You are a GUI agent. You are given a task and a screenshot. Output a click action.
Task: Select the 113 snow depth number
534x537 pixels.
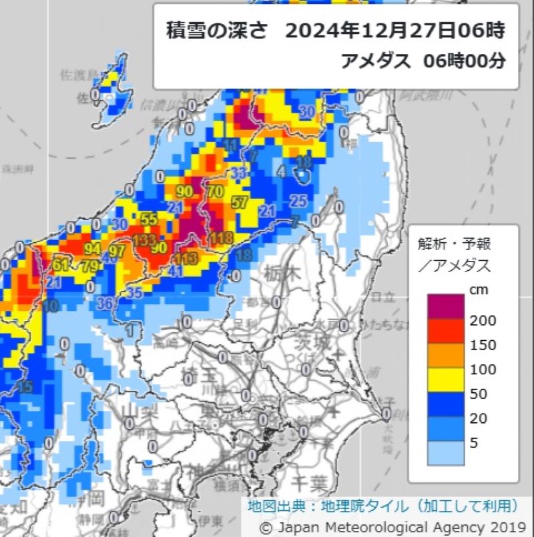(186, 259)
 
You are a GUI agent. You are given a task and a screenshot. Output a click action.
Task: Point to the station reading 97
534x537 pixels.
(117, 251)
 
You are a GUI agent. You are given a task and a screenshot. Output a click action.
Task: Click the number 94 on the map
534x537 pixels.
(93, 249)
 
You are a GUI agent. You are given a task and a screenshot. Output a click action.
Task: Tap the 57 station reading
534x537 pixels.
(239, 202)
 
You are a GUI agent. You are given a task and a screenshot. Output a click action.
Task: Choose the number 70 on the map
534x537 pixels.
(215, 191)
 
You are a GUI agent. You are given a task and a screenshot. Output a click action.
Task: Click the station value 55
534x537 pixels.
(149, 218)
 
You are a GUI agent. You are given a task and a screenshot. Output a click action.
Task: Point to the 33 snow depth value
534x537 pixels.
(238, 173)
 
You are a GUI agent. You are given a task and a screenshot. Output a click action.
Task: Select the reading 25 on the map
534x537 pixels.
(298, 200)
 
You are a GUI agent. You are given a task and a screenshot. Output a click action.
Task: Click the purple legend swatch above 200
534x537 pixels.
(447, 308)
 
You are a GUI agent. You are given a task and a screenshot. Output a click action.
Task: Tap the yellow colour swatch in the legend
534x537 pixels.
(447, 381)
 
